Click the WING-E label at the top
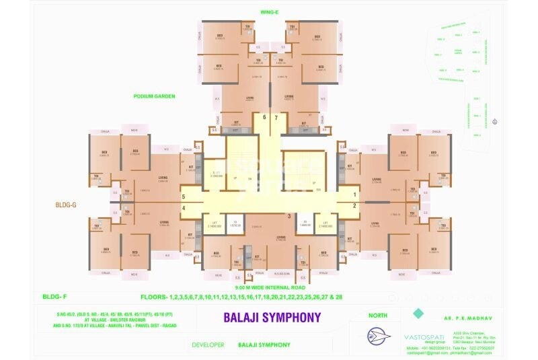click(269, 12)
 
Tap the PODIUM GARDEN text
click(155, 96)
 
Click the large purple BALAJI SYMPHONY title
click(272, 317)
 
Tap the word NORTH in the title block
click(379, 315)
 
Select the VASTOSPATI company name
click(420, 334)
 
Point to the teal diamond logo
click(418, 313)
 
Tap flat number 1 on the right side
click(355, 195)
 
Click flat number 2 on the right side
click(355, 206)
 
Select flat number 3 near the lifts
click(289, 216)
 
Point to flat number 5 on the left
click(183, 196)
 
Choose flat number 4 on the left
click(183, 208)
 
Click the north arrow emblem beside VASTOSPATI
click(379, 336)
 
